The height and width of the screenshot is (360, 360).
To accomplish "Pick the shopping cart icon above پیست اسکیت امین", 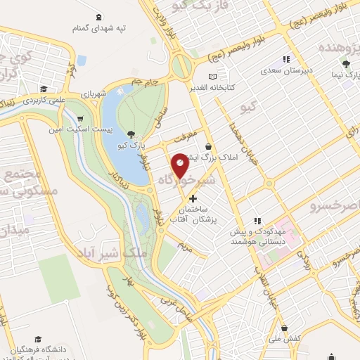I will point(81,119).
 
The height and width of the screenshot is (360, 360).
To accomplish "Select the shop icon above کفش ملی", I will point(284,328).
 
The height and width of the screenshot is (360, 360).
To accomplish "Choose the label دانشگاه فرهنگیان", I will point(62,349).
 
